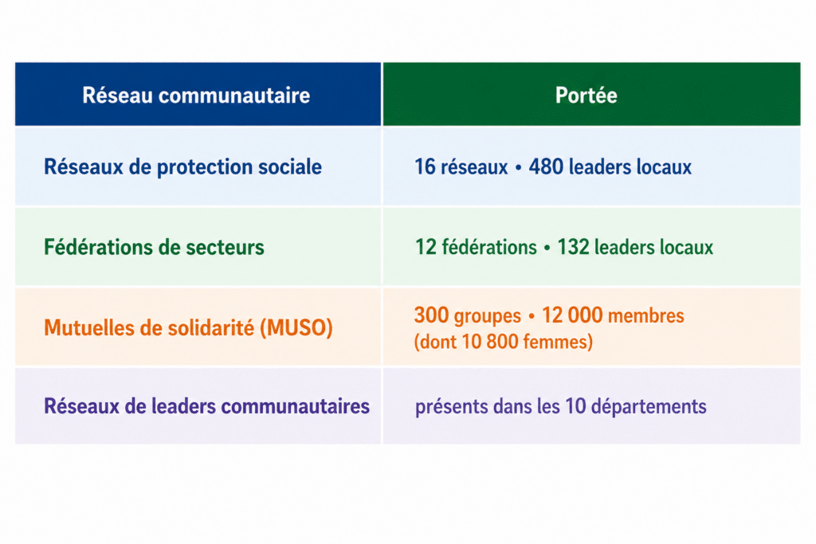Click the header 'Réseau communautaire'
[196, 95]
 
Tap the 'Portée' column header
[586, 95]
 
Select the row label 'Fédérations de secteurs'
[154, 247]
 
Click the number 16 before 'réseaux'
[425, 167]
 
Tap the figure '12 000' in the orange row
[572, 315]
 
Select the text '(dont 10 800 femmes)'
[504, 342]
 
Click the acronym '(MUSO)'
[296, 328]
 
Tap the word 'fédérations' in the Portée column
[489, 247]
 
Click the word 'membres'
[645, 315]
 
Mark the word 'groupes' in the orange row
[487, 316]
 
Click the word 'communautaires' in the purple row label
[296, 406]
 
